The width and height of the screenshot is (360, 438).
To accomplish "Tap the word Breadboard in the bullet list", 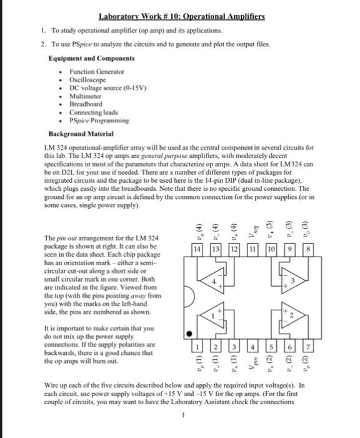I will click(85, 104).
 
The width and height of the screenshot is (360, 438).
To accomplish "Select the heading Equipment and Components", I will click(92, 58).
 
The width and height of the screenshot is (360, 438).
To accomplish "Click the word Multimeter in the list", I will click(85, 96).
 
